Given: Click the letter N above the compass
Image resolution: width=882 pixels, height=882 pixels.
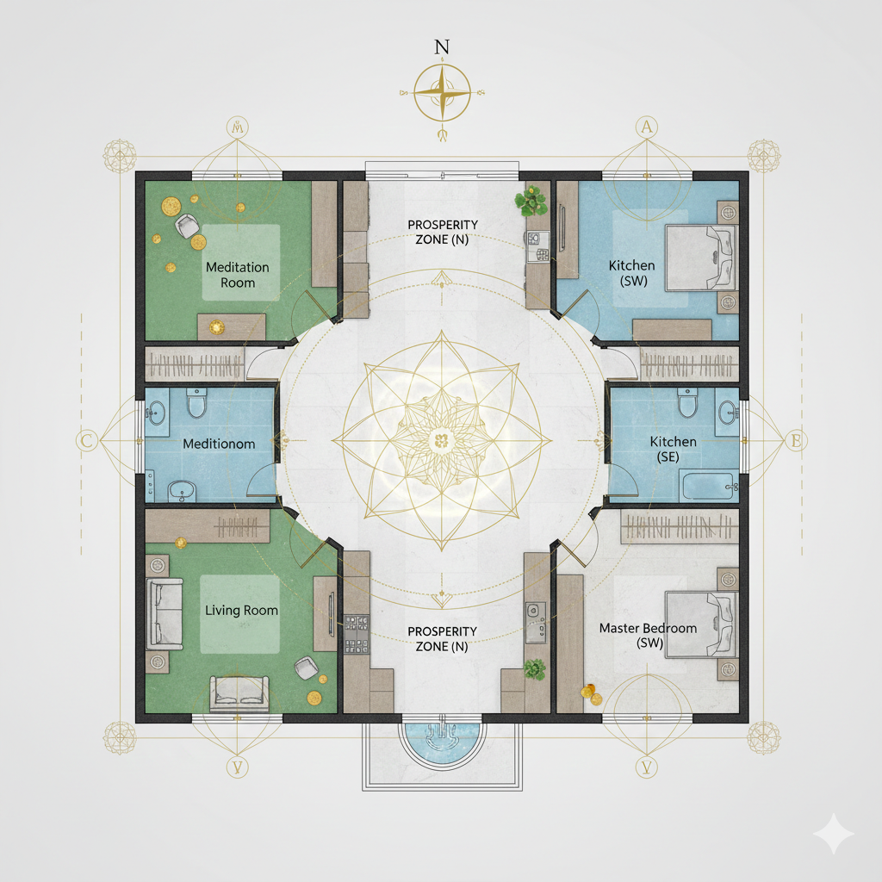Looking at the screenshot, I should pos(442,48).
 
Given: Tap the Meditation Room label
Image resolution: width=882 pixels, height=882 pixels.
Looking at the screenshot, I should pos(238,275).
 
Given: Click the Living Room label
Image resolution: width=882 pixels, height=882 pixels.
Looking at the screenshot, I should pos(241,610).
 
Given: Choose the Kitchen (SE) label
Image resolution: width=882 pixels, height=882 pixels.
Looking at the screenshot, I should pos(673,449).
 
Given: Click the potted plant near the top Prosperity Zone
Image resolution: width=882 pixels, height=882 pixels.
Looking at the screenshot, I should pos(531,202).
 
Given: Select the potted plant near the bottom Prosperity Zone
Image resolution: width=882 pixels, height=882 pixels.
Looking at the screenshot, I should pos(534,668).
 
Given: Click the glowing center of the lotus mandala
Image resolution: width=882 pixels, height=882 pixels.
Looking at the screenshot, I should pos(441,441).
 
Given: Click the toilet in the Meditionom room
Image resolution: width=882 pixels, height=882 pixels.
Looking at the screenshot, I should pos(196,401).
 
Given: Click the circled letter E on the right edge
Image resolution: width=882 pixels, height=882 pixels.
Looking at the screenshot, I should pos(795,442).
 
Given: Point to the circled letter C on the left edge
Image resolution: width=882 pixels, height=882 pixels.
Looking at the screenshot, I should pos(86,442).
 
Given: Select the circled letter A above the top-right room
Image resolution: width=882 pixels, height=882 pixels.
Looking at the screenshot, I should pos(646,128).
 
